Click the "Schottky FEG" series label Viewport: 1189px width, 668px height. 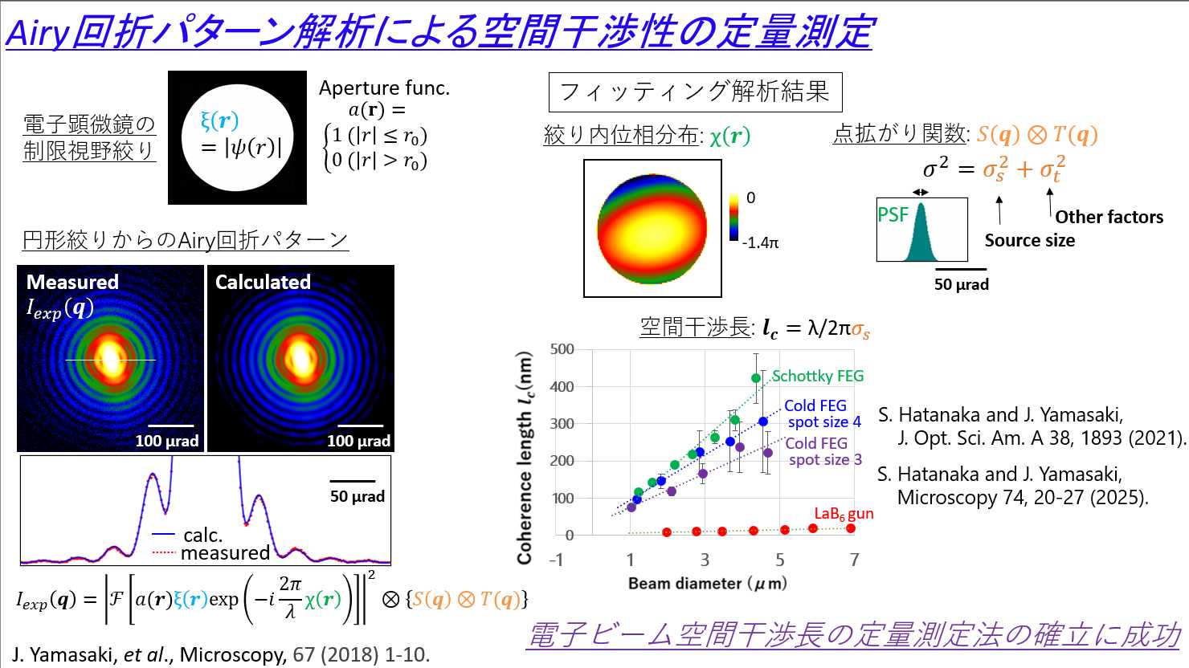click(x=817, y=376)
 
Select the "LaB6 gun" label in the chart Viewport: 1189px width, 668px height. click(x=843, y=514)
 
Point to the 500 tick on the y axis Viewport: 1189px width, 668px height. click(x=562, y=349)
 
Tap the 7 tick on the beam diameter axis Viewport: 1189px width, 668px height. click(x=854, y=560)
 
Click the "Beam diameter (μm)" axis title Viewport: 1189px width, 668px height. click(x=707, y=584)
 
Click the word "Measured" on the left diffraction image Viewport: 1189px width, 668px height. click(x=72, y=282)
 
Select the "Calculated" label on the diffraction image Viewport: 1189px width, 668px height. click(x=263, y=282)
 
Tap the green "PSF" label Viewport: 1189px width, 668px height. click(x=893, y=214)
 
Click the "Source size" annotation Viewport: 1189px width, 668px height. click(x=1029, y=240)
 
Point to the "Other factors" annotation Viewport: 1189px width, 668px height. click(x=1109, y=217)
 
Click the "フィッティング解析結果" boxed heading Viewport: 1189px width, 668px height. click(x=695, y=92)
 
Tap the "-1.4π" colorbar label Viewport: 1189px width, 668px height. click(x=760, y=242)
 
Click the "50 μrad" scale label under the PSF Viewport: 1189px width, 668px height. click(x=961, y=284)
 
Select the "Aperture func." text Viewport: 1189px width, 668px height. click(x=384, y=88)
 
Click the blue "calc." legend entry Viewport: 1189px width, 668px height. click(x=202, y=535)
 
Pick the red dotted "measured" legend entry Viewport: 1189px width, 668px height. click(x=224, y=552)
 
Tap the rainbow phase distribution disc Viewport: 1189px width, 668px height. click(x=652, y=227)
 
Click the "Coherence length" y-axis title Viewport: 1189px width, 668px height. click(x=525, y=458)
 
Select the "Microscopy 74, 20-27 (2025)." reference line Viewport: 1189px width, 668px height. click(x=1022, y=497)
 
